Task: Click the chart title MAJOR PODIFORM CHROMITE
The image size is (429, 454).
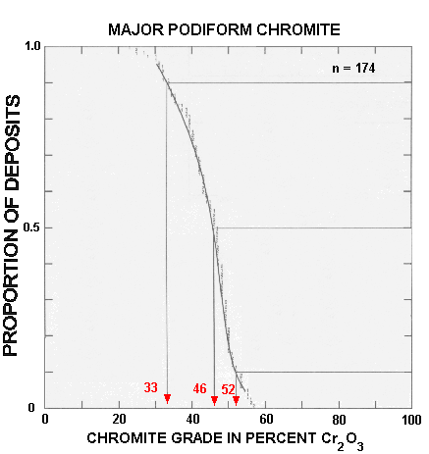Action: pos(224,30)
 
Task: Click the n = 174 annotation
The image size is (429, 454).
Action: pos(352,69)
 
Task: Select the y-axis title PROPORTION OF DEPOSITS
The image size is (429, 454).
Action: pos(14,226)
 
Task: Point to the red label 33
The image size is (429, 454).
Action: pos(151,387)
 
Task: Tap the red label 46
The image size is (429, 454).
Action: pos(199,388)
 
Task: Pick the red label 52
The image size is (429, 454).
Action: pos(228,388)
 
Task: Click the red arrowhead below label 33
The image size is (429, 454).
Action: pos(167,398)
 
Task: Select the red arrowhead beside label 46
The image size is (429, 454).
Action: pos(214,399)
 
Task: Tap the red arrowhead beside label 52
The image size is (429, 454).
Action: pos(236,399)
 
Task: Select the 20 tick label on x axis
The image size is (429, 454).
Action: pos(119,419)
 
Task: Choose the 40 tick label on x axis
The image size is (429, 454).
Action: pos(192,419)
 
